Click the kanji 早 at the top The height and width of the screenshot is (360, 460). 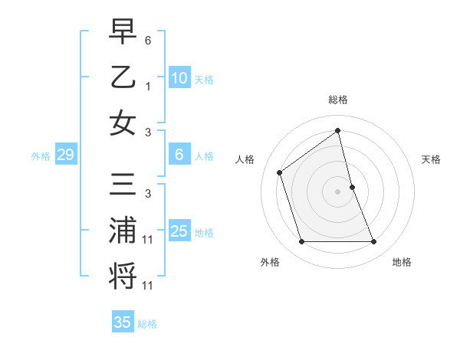(x=123, y=32)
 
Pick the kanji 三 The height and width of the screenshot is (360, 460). (x=123, y=185)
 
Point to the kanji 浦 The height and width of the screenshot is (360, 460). (x=123, y=231)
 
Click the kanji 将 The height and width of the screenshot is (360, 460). (x=123, y=276)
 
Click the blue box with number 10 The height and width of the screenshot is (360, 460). (x=179, y=78)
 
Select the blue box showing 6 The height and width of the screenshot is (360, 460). (x=179, y=155)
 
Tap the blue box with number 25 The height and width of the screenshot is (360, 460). (x=179, y=231)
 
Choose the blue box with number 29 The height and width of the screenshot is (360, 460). (x=65, y=155)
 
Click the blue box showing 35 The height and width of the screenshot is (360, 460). (x=123, y=322)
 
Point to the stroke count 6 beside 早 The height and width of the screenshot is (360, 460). (x=148, y=38)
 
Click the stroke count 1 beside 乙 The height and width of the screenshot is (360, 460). (x=148, y=86)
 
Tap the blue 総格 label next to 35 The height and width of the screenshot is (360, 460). (x=148, y=324)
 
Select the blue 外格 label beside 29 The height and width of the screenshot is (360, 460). (x=41, y=156)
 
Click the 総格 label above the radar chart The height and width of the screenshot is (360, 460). (x=338, y=100)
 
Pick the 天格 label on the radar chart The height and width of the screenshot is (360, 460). (x=432, y=159)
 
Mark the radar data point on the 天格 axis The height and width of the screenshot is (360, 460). (x=352, y=187)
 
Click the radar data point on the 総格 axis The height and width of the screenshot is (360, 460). (x=338, y=130)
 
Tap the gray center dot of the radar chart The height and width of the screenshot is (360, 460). (x=338, y=191)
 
